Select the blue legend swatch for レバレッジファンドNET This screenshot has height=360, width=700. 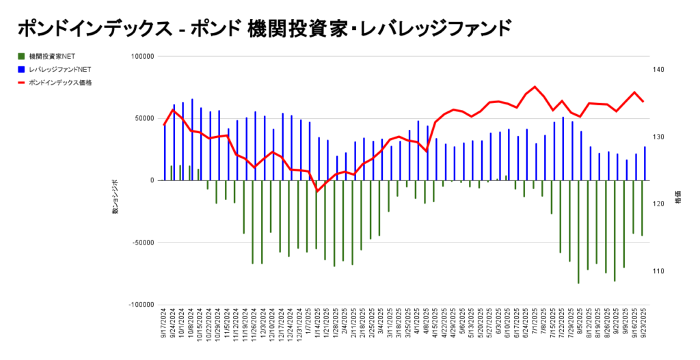pos(22,69)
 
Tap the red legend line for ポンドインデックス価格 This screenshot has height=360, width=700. pos(22,83)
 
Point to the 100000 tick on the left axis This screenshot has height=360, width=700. pos(142,57)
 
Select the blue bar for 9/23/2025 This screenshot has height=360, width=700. pos(644,163)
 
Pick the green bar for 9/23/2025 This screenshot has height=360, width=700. pos(642,208)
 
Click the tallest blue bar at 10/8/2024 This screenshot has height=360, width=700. pos(192,139)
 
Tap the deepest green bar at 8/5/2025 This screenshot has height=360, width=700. pos(578,232)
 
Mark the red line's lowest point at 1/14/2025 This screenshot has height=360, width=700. pos(317,191)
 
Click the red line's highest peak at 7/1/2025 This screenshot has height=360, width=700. pos(535,87)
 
